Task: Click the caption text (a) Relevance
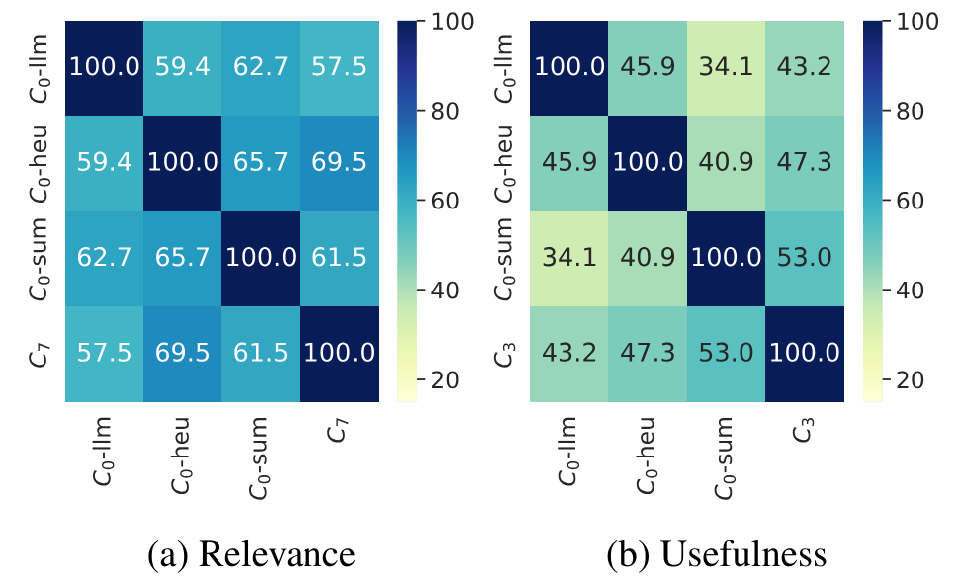point(251,555)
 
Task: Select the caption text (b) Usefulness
point(716,555)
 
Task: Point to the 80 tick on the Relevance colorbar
point(443,111)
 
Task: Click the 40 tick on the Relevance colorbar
point(443,291)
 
